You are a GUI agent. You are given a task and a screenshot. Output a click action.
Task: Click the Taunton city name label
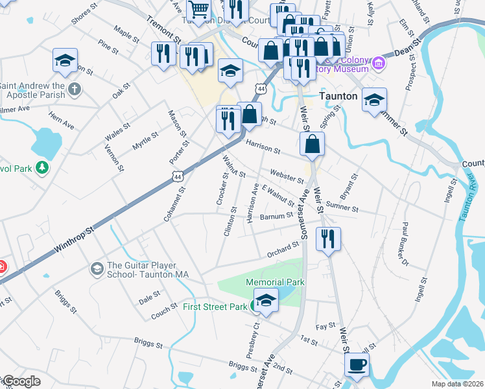click(x=339, y=95)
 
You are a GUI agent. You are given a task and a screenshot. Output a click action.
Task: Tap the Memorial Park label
click(x=275, y=282)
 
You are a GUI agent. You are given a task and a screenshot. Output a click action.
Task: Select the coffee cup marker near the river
click(x=356, y=364)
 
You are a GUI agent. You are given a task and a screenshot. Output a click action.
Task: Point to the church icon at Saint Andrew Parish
click(x=75, y=89)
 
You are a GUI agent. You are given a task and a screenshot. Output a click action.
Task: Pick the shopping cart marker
click(x=198, y=10)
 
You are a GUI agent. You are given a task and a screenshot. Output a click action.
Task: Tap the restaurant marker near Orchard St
click(x=328, y=239)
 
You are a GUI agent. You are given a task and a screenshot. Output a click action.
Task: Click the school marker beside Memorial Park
click(x=265, y=301)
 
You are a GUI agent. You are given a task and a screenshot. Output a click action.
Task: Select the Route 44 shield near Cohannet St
click(x=179, y=176)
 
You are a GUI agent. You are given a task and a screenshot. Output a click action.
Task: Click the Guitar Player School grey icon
click(x=97, y=268)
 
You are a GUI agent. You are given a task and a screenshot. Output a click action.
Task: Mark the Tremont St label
click(x=160, y=28)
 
